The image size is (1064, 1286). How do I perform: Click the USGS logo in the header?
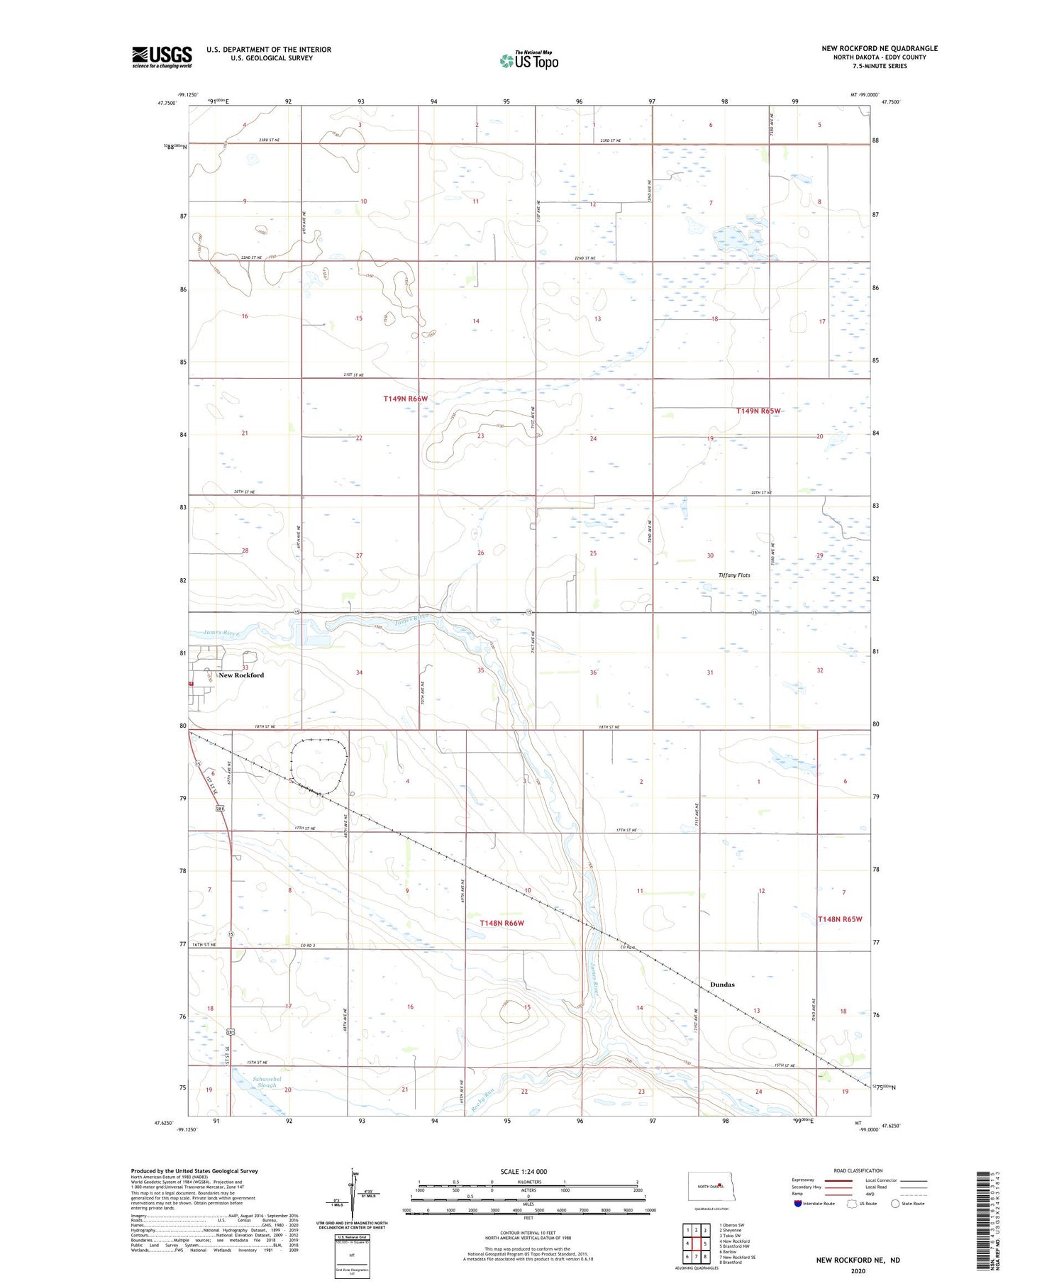[x=162, y=57]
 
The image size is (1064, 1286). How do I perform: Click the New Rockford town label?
[x=241, y=675]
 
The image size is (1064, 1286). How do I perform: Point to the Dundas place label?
[x=722, y=985]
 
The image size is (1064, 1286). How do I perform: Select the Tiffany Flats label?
[x=734, y=575]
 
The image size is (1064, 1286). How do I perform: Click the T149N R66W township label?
[x=406, y=399]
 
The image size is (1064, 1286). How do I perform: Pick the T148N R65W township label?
[x=840, y=919]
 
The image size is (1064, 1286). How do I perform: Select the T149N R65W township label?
[x=758, y=411]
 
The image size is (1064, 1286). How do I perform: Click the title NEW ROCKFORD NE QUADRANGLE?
[x=880, y=48]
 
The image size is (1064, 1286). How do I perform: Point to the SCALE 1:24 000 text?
[x=528, y=1171]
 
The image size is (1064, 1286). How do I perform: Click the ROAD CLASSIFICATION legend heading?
[x=858, y=1170]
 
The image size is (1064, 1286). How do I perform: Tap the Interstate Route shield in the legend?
[x=798, y=1203]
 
